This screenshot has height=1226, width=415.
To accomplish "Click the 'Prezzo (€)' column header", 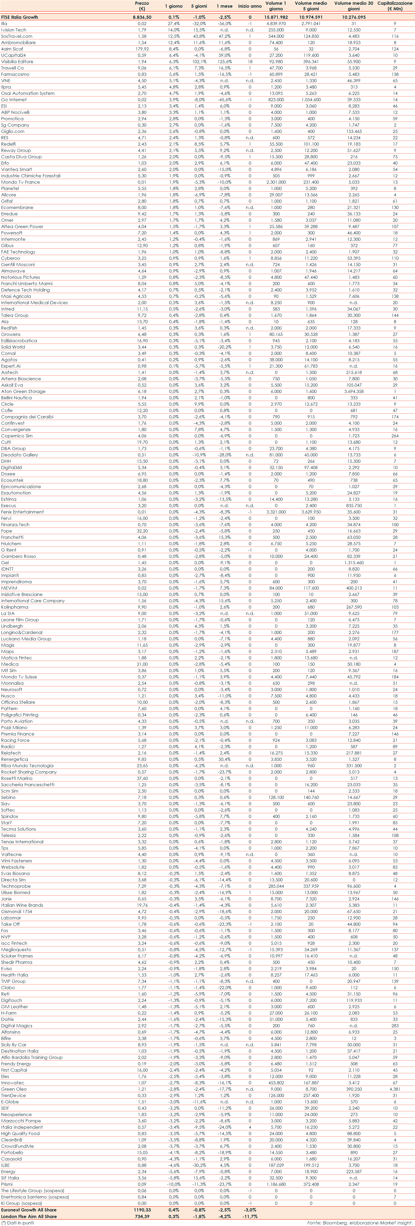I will pos(142,6).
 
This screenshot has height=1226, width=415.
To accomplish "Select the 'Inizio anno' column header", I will pos(250,6).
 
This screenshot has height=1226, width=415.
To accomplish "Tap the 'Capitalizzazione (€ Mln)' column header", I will pos(395,6).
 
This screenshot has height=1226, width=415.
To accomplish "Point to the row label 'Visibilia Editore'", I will pos(17,61).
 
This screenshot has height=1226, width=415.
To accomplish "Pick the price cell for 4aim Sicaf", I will pos(142,49).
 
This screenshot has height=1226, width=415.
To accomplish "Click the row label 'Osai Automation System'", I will pos(28,93).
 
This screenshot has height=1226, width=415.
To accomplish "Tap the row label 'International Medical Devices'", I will pos(34,303).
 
